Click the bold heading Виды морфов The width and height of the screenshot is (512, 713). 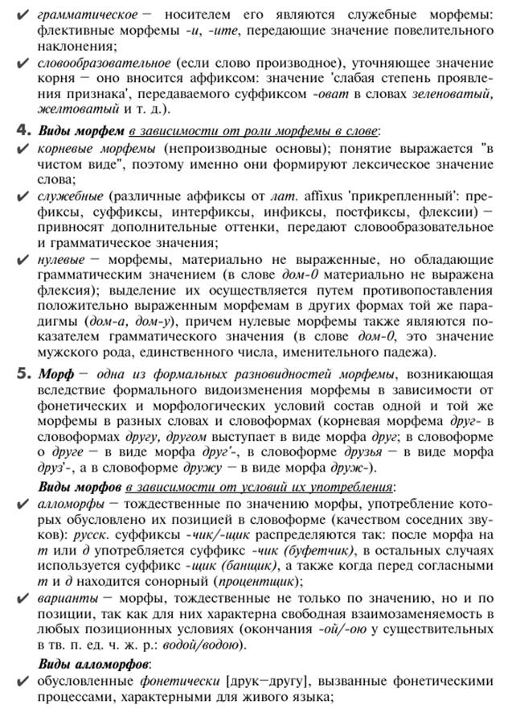[x=80, y=488]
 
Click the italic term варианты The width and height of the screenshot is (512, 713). [x=69, y=597]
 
